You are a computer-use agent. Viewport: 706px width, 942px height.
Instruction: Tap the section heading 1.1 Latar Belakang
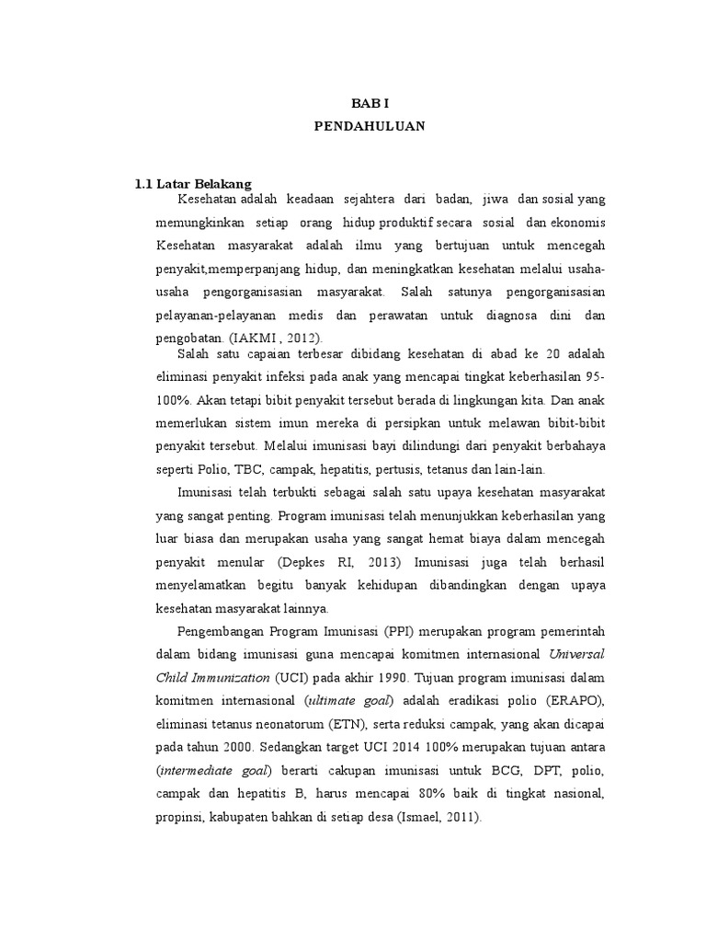193,183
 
